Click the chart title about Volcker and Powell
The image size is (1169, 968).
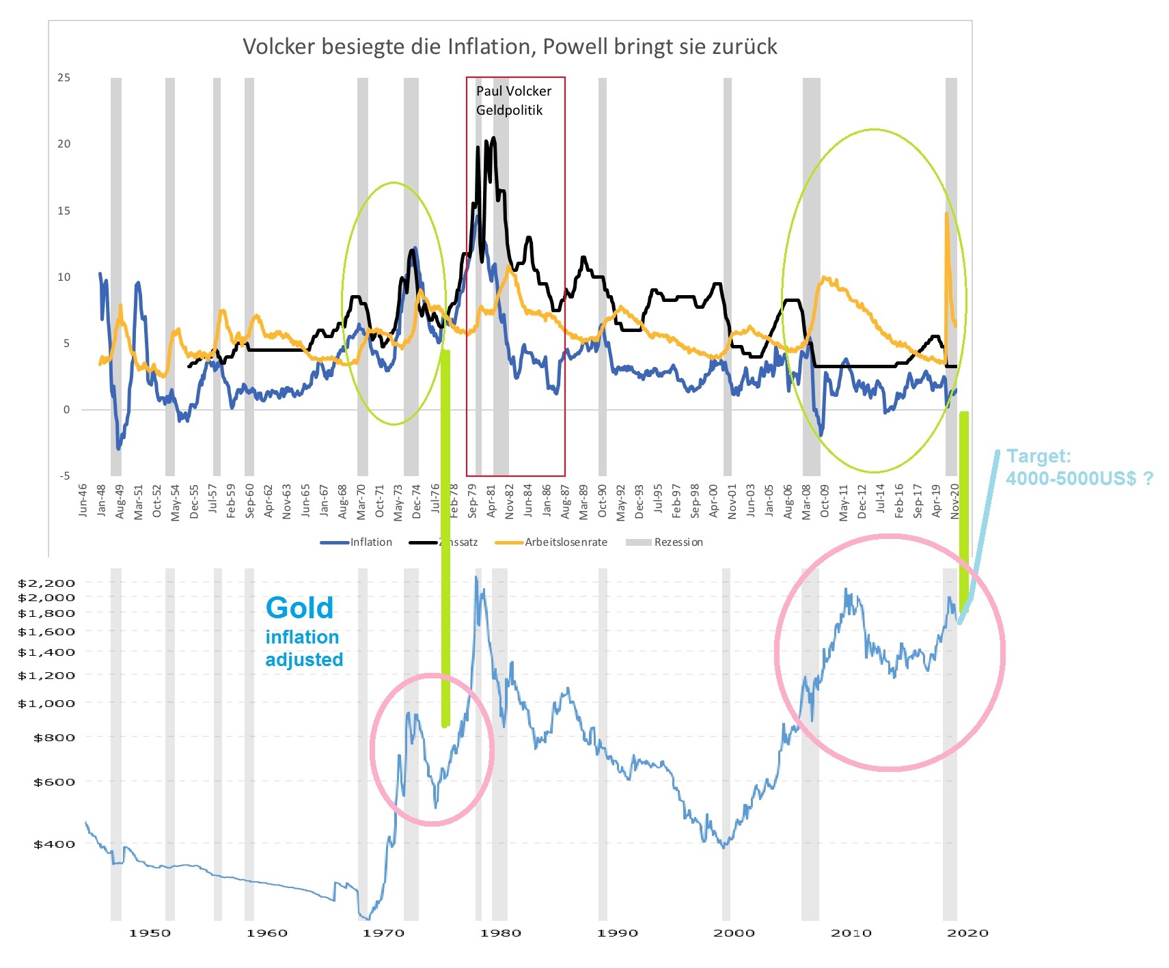tap(510, 46)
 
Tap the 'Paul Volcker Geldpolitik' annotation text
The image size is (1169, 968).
tap(513, 100)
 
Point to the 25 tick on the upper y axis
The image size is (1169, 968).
tap(64, 78)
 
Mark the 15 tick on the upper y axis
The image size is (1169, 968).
tap(64, 211)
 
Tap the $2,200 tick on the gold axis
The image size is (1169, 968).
tap(46, 583)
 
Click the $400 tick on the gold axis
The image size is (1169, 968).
tap(54, 844)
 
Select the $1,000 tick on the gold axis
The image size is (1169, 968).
tap(46, 703)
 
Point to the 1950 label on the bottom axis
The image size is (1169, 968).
tap(150, 933)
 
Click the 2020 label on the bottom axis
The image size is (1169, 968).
tap(967, 933)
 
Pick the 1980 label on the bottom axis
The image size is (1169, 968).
tap(500, 933)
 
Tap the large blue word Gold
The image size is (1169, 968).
tap(299, 608)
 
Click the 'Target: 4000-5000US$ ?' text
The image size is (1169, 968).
tap(1078, 467)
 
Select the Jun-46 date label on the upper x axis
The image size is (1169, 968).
tap(83, 501)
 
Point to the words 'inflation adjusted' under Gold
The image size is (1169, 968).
tap(303, 648)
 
